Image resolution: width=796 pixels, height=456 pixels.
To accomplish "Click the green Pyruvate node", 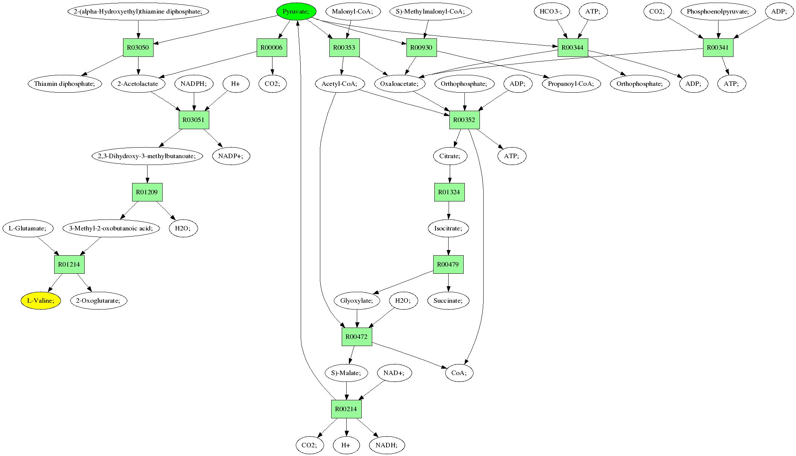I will (296, 11).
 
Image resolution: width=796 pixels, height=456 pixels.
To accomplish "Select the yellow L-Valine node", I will (41, 300).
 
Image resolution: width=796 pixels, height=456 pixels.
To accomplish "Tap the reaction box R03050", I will (138, 47).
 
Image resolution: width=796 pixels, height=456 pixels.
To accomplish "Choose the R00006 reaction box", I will (272, 47).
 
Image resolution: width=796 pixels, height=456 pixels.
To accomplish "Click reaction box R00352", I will (464, 120).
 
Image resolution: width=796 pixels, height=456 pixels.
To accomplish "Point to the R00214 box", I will (346, 409).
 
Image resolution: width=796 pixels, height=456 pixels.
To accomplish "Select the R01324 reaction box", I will (449, 192).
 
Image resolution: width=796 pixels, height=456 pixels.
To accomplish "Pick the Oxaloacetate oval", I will (400, 84).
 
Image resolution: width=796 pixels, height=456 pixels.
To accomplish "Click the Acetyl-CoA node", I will (339, 84).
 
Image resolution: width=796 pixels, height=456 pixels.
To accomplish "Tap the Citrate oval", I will (450, 156).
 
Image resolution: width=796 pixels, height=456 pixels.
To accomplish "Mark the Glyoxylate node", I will (357, 300).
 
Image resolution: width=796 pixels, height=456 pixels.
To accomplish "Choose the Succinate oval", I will (448, 300).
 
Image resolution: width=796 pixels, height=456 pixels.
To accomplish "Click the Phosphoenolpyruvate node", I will (718, 11).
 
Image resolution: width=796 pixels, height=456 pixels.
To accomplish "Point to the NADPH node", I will (194, 84).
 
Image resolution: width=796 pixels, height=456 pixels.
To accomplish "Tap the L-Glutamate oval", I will (28, 228).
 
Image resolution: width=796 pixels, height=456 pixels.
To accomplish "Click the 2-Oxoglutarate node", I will (99, 300).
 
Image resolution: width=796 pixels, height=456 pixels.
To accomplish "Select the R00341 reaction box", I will (718, 47).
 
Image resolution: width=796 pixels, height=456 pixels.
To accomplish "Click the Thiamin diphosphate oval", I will (65, 84).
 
